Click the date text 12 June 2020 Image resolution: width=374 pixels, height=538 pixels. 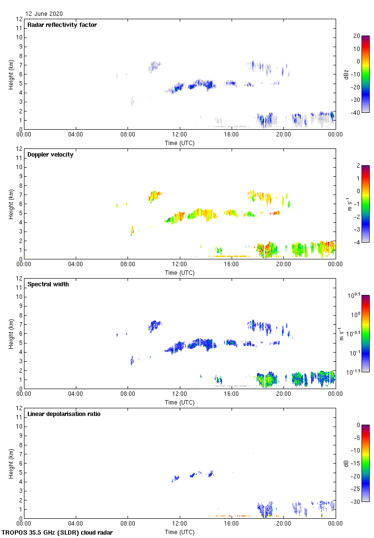tap(44, 14)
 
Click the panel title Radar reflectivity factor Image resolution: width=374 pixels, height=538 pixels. tap(62, 25)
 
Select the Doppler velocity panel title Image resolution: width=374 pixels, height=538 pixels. tap(50, 155)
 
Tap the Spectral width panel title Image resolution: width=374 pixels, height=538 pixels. tap(48, 284)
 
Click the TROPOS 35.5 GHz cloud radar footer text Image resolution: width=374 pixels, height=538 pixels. tap(58, 532)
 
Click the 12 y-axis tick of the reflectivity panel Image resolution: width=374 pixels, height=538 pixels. tap(19, 19)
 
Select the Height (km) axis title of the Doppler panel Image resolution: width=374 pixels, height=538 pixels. tap(11, 204)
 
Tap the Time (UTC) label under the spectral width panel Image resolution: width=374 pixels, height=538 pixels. tap(180, 402)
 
